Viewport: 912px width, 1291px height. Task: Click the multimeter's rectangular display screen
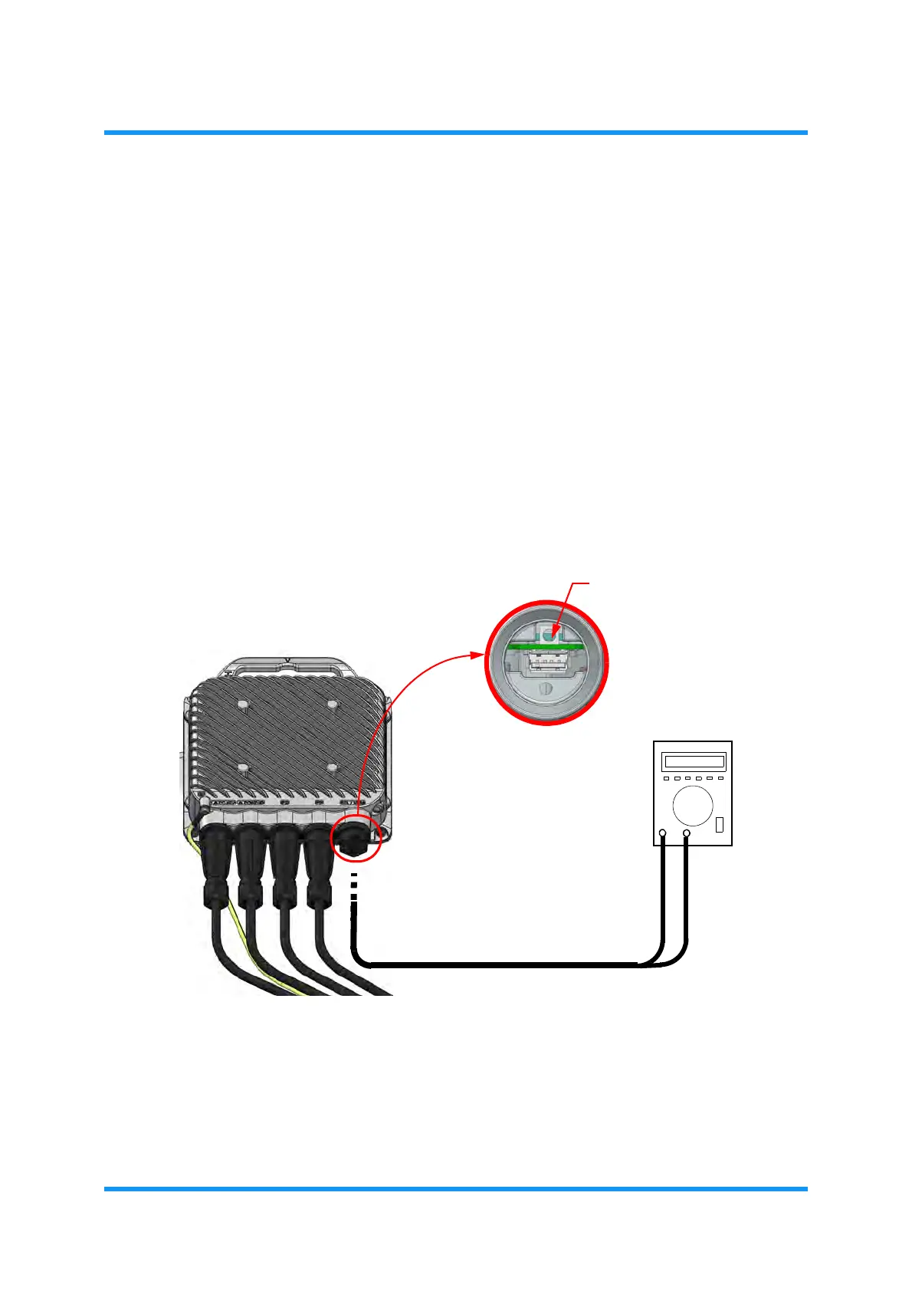pyautogui.click(x=694, y=762)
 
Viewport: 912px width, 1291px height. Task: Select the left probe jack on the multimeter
pyautogui.click(x=663, y=833)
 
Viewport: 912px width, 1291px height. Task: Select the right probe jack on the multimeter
pyautogui.click(x=687, y=833)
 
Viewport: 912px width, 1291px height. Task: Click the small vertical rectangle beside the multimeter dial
pyautogui.click(x=720, y=825)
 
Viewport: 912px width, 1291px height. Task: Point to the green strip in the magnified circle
pyautogui.click(x=546, y=646)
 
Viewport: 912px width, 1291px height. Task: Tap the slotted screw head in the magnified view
pyautogui.click(x=546, y=688)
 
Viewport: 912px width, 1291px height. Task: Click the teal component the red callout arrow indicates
pyautogui.click(x=547, y=634)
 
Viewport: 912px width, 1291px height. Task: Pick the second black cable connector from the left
pyautogui.click(x=251, y=862)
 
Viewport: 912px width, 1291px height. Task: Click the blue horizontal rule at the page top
pyautogui.click(x=455, y=133)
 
